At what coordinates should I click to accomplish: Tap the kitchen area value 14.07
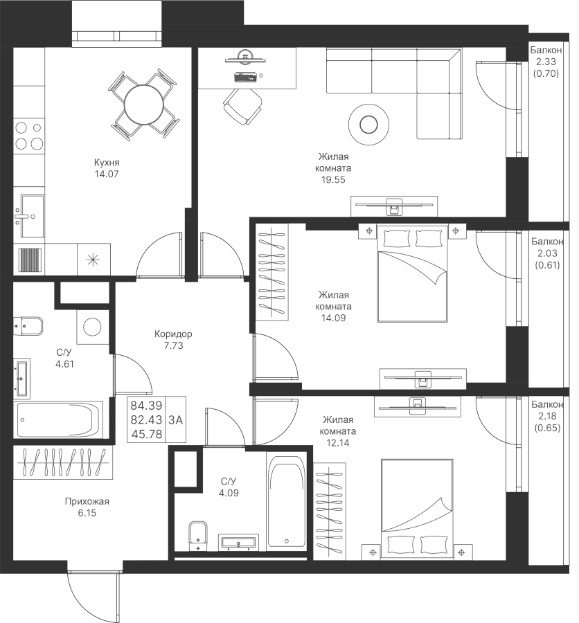[107, 174]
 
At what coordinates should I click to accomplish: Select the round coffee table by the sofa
[368, 125]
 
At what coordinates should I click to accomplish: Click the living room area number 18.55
[333, 179]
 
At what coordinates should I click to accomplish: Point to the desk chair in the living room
[242, 106]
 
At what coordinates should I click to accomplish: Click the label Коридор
[174, 334]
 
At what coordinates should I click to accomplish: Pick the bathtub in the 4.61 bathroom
[60, 419]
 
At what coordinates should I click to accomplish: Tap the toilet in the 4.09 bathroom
[197, 535]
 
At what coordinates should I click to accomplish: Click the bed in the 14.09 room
[413, 275]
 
